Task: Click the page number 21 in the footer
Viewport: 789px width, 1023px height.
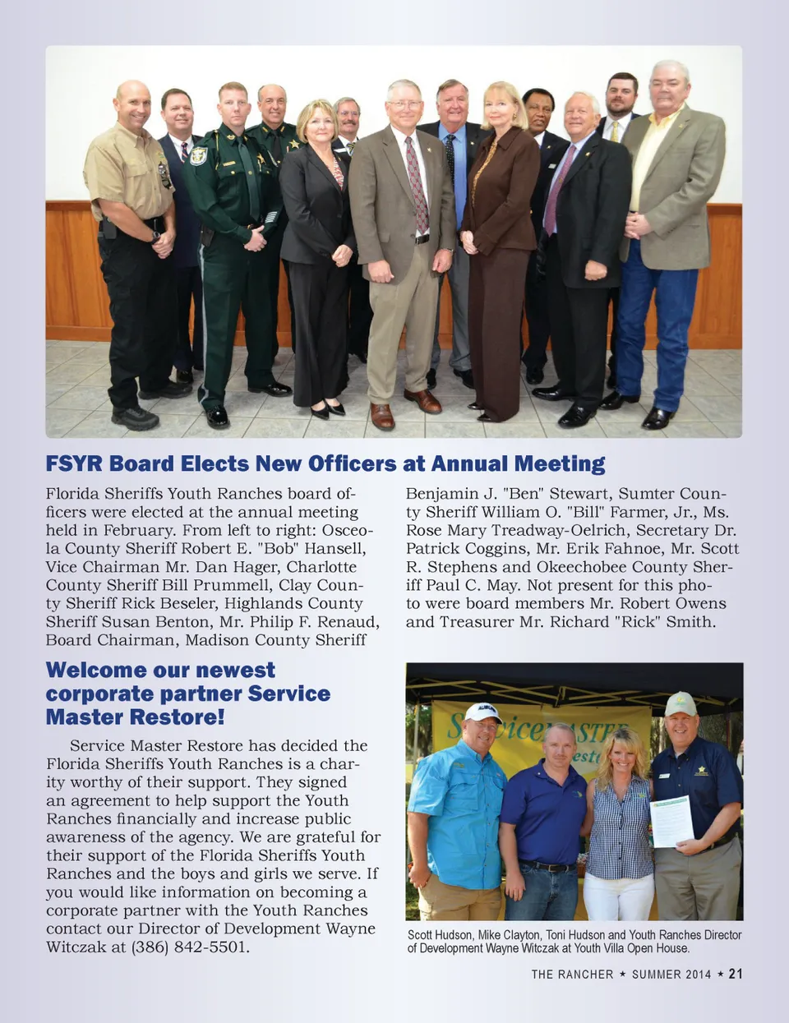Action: pos(736,974)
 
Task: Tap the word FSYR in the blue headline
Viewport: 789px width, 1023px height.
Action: pos(74,463)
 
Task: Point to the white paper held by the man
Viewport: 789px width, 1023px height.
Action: pos(672,820)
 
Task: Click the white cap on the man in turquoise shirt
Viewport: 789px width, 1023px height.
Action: pos(483,712)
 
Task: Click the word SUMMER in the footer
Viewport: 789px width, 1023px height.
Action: pos(658,975)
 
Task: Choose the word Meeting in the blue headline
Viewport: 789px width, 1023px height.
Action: pos(559,463)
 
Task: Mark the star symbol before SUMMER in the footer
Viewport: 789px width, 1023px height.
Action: pos(623,974)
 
